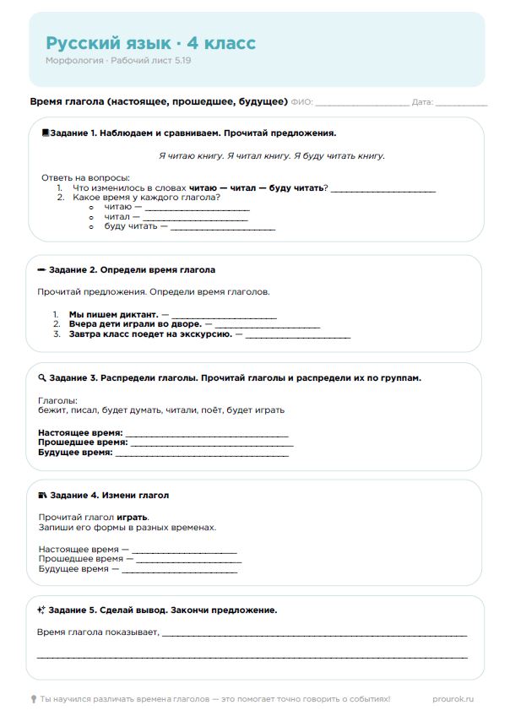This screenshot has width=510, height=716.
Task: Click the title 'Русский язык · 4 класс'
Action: coord(150,43)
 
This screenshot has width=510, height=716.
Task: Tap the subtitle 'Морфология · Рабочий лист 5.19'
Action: coord(118,61)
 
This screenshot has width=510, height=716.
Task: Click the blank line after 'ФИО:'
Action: coord(361,103)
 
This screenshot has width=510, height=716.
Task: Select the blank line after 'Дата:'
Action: coord(461,103)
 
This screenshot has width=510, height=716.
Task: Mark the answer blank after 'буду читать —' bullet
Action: coord(224,227)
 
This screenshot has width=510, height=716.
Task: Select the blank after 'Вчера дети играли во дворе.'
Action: coord(268,324)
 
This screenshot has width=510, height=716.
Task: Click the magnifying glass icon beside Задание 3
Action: coord(42,378)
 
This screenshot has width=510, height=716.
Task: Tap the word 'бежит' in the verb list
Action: coord(51,410)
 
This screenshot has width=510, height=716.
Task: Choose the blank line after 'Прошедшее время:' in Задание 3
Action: coord(212,442)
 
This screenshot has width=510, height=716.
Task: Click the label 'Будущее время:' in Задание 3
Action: coord(75,453)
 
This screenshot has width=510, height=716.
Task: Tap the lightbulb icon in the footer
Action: coord(34,699)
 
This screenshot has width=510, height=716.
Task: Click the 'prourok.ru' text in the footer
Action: coord(452,699)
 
